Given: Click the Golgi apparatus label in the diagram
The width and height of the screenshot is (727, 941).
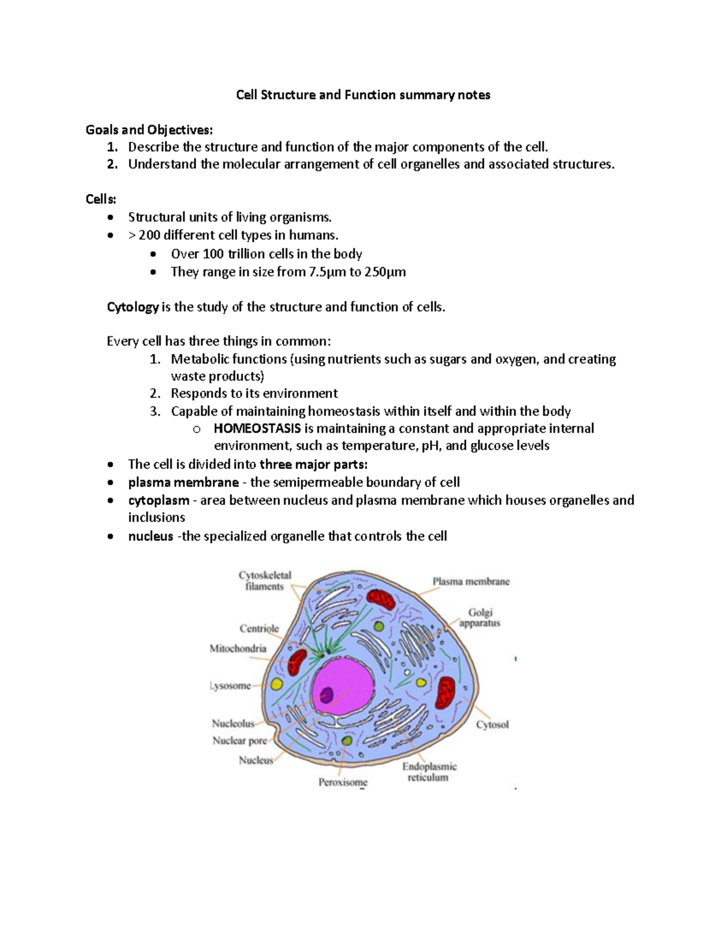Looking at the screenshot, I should tap(480, 617).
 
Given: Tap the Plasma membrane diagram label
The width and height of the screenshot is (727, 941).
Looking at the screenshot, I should tap(471, 582).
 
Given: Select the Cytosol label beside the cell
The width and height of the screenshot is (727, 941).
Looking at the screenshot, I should tap(492, 725).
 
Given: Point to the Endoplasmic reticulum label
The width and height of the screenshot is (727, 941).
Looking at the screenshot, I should tap(429, 772).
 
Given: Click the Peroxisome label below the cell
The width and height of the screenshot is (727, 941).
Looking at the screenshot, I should tap(343, 782).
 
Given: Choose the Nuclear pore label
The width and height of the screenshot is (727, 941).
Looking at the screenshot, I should tap(239, 740).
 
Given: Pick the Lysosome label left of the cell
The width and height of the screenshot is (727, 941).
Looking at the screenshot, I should tap(230, 686).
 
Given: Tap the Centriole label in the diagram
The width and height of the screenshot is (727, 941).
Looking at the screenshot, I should tap(259, 628).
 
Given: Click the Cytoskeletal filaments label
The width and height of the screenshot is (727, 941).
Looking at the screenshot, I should tap(265, 580).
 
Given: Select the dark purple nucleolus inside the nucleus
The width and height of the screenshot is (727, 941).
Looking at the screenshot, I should tap(327, 694).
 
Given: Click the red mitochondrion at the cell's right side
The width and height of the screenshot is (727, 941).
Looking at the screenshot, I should tap(446, 693).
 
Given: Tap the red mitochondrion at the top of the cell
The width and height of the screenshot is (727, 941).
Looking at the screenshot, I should tap(382, 600).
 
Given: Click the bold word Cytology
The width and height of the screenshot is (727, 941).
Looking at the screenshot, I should tap(133, 307).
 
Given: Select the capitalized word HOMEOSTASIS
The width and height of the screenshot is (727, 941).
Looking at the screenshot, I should tap(257, 429).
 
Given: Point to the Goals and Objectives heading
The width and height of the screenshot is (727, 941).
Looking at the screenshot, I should tap(149, 130).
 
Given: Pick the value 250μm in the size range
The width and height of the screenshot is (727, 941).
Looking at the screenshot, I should tap(385, 272).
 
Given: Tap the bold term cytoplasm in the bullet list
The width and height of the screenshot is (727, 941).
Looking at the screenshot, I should tap(159, 500).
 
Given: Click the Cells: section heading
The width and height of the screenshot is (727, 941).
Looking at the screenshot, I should tap(101, 199).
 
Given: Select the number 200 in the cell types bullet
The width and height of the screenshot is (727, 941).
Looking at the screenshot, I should tap(149, 235).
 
